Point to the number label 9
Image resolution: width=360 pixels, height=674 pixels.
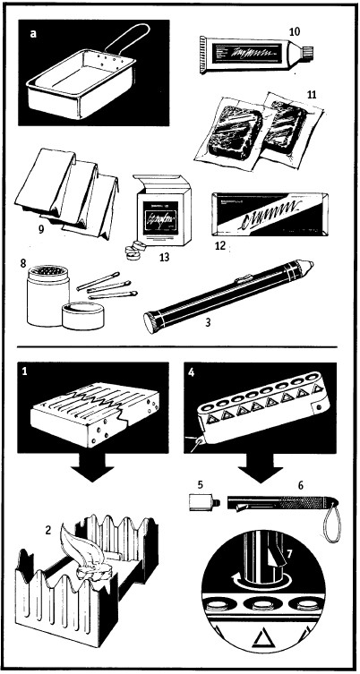coord(41,229)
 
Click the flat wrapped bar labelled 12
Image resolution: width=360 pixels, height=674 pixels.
coord(270,215)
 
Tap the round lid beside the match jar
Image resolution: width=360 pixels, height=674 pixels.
coord(83,315)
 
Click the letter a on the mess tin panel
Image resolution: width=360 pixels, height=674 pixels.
coord(33,34)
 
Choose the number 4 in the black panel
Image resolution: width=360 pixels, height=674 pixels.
coord(192,372)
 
